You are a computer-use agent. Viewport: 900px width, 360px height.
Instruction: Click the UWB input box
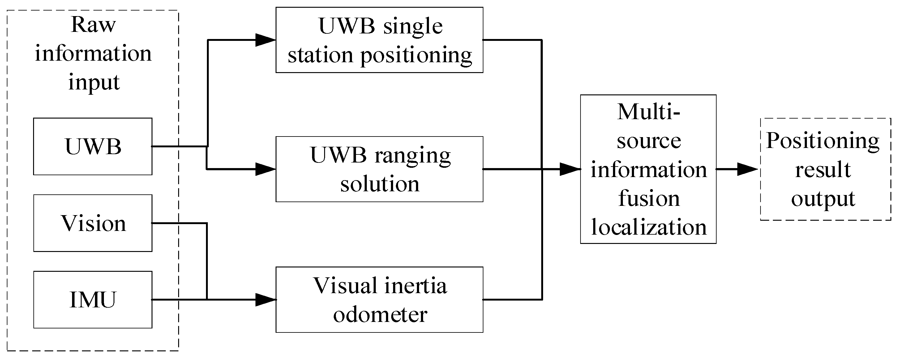92,146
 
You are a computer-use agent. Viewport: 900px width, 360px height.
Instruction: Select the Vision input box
92,223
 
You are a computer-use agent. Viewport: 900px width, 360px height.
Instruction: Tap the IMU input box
92,300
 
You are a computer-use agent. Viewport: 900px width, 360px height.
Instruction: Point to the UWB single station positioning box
379,40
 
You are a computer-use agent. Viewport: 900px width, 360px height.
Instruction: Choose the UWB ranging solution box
379,169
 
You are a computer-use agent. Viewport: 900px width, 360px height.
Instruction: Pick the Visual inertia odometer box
379,300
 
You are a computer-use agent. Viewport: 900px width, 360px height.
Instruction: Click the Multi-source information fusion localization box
648,169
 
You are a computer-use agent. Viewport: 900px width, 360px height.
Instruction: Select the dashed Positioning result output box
825,169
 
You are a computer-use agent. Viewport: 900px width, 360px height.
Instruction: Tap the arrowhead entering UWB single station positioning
266,40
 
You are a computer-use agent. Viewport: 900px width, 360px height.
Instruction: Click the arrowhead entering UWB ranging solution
266,169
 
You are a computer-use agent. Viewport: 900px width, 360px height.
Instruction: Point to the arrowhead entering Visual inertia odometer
266,300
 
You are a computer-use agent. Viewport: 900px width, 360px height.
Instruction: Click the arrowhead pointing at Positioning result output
747,169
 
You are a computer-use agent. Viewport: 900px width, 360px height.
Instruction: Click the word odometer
380,314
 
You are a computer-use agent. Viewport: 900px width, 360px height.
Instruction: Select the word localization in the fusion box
649,227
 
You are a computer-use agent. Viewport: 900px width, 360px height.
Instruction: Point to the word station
320,55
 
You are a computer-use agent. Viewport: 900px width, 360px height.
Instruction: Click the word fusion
649,198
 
